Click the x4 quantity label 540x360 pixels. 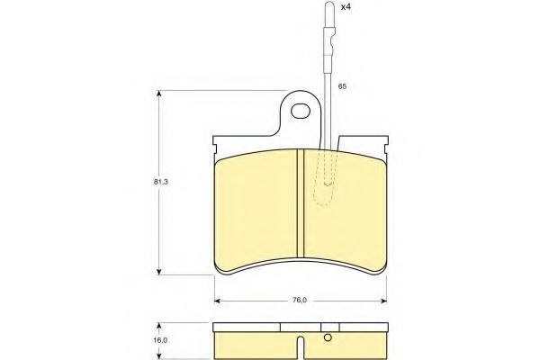coord(345,7)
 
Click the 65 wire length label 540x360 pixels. coord(342,86)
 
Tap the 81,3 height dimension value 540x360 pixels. coord(160,182)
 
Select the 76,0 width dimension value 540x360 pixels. coord(300,300)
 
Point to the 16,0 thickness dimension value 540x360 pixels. coord(160,340)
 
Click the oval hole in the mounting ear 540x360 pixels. coord(301,111)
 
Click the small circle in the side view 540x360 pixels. coord(328,338)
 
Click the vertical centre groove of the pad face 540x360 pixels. coord(301,203)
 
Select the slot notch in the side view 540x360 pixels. coord(301,347)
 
